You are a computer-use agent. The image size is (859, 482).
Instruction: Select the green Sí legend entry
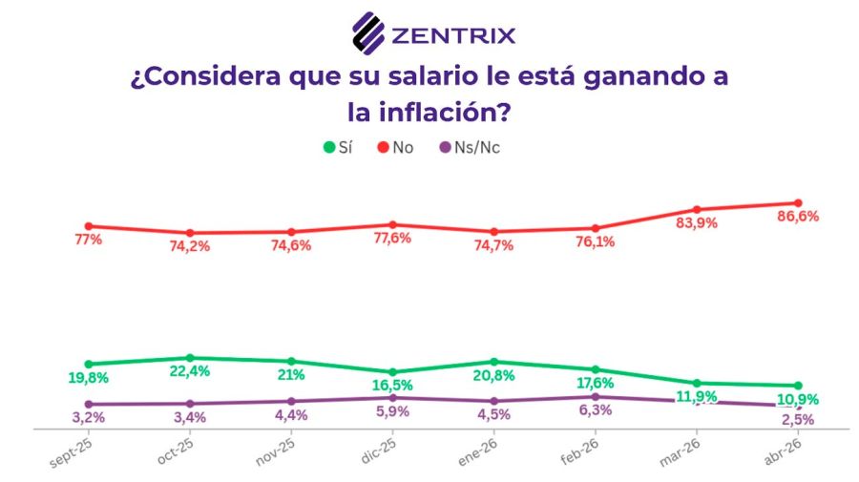coord(339,147)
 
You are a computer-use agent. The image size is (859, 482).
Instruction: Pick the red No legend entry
coord(395,147)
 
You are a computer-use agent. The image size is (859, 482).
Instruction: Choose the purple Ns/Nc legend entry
coord(468,147)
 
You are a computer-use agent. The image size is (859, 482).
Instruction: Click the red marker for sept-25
coord(89,226)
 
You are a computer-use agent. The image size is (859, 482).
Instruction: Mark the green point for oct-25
coord(190,358)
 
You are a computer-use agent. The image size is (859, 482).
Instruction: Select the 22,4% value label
coord(190,371)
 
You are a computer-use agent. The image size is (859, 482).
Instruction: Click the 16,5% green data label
coord(392,386)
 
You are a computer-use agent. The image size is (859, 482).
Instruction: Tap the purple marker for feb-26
coord(595,397)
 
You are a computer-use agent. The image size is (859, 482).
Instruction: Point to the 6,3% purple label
coord(595,411)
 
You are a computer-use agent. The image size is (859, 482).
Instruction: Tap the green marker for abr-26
coord(797,386)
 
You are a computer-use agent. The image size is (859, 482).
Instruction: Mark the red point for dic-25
coord(392,224)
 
